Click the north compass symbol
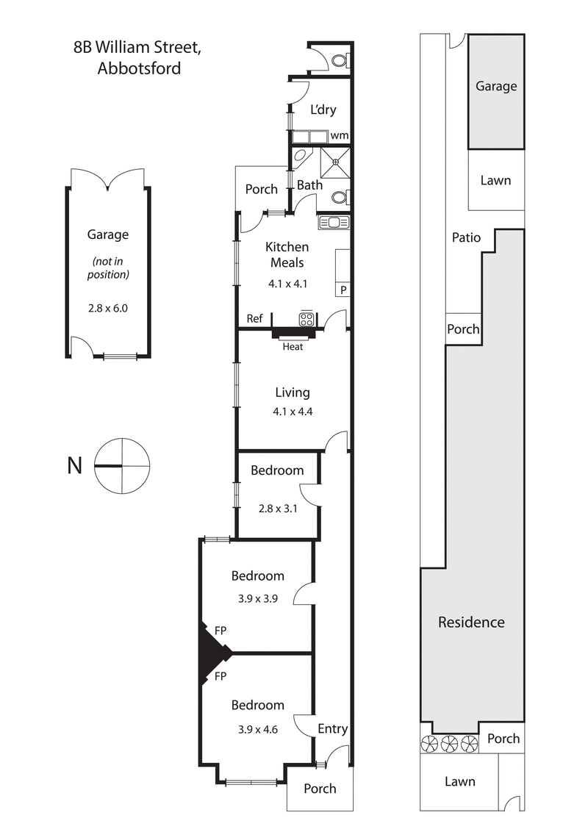pos(122,465)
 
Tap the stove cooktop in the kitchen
pos(306,319)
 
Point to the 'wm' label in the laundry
pos(339,135)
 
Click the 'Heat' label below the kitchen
pos(293,346)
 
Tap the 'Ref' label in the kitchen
pos(254,319)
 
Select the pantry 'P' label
pos(343,290)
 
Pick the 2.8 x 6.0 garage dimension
pos(108,308)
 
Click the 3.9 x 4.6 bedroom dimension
pos(257,723)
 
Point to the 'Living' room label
pos(293,392)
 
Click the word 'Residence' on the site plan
pos(471,623)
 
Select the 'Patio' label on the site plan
pos(466,237)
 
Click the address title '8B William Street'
pos(137,49)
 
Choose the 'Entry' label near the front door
pos(332,728)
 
